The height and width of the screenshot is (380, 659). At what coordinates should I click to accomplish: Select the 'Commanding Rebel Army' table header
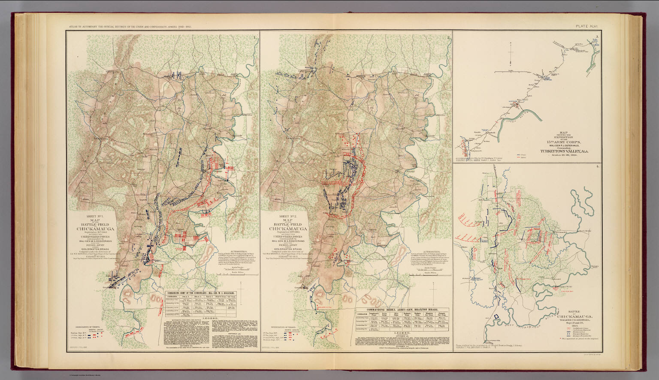[x=402, y=310]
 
